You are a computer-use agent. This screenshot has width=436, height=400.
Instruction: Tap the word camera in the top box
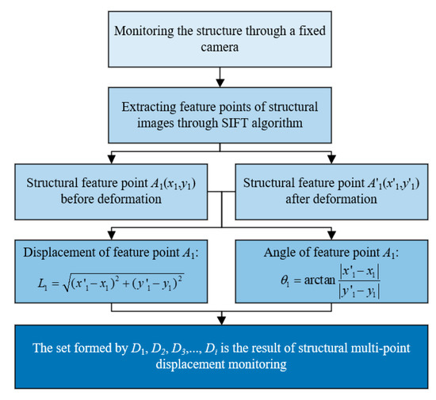point(216,49)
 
